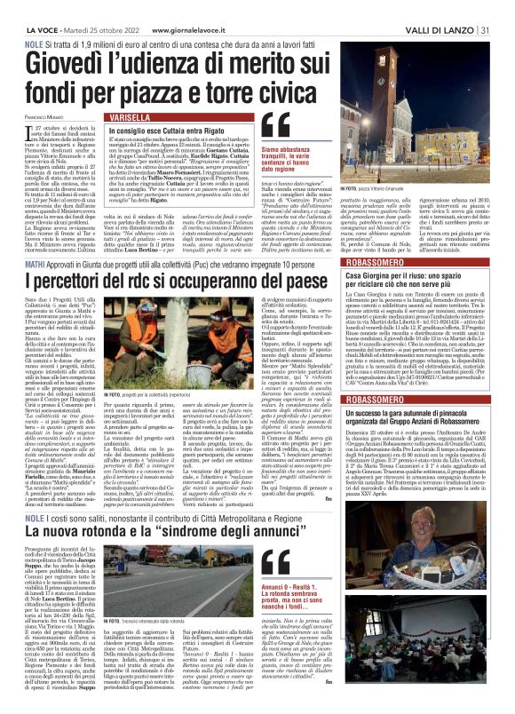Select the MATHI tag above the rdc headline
[34, 239]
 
